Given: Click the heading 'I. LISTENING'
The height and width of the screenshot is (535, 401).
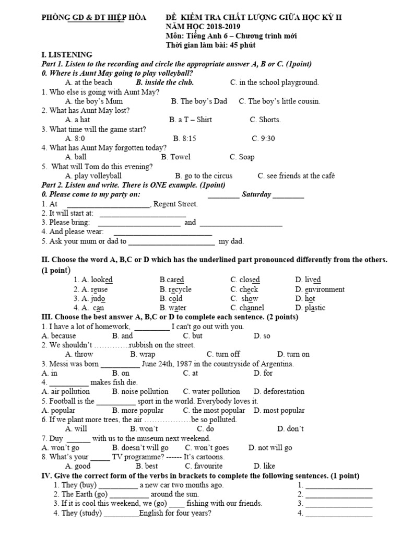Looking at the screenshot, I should point(66,54).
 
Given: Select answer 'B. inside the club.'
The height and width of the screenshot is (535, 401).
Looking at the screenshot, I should point(164,83).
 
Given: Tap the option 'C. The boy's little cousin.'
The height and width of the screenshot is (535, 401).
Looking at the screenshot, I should point(279,101).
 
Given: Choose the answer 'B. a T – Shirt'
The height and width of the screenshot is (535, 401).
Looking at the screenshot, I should point(191,120).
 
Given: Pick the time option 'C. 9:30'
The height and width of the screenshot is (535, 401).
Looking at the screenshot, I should point(263,138).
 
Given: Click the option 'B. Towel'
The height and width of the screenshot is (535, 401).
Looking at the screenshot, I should point(176,157).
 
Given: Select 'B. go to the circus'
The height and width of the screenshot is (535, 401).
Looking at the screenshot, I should point(204,176).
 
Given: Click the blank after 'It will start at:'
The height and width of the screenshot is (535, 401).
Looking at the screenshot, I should point(143,214).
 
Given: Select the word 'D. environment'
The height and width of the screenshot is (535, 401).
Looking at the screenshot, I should point(320,289).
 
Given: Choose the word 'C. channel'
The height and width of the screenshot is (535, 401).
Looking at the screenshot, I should point(247,308).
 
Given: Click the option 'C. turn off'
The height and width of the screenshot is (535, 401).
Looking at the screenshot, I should point(223,354).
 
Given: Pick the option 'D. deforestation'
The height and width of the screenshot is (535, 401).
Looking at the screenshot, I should point(279,391).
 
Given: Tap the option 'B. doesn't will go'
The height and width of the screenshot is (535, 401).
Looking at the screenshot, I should point(140,448).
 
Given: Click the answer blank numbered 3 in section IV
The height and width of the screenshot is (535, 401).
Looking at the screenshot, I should point(339,504).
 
